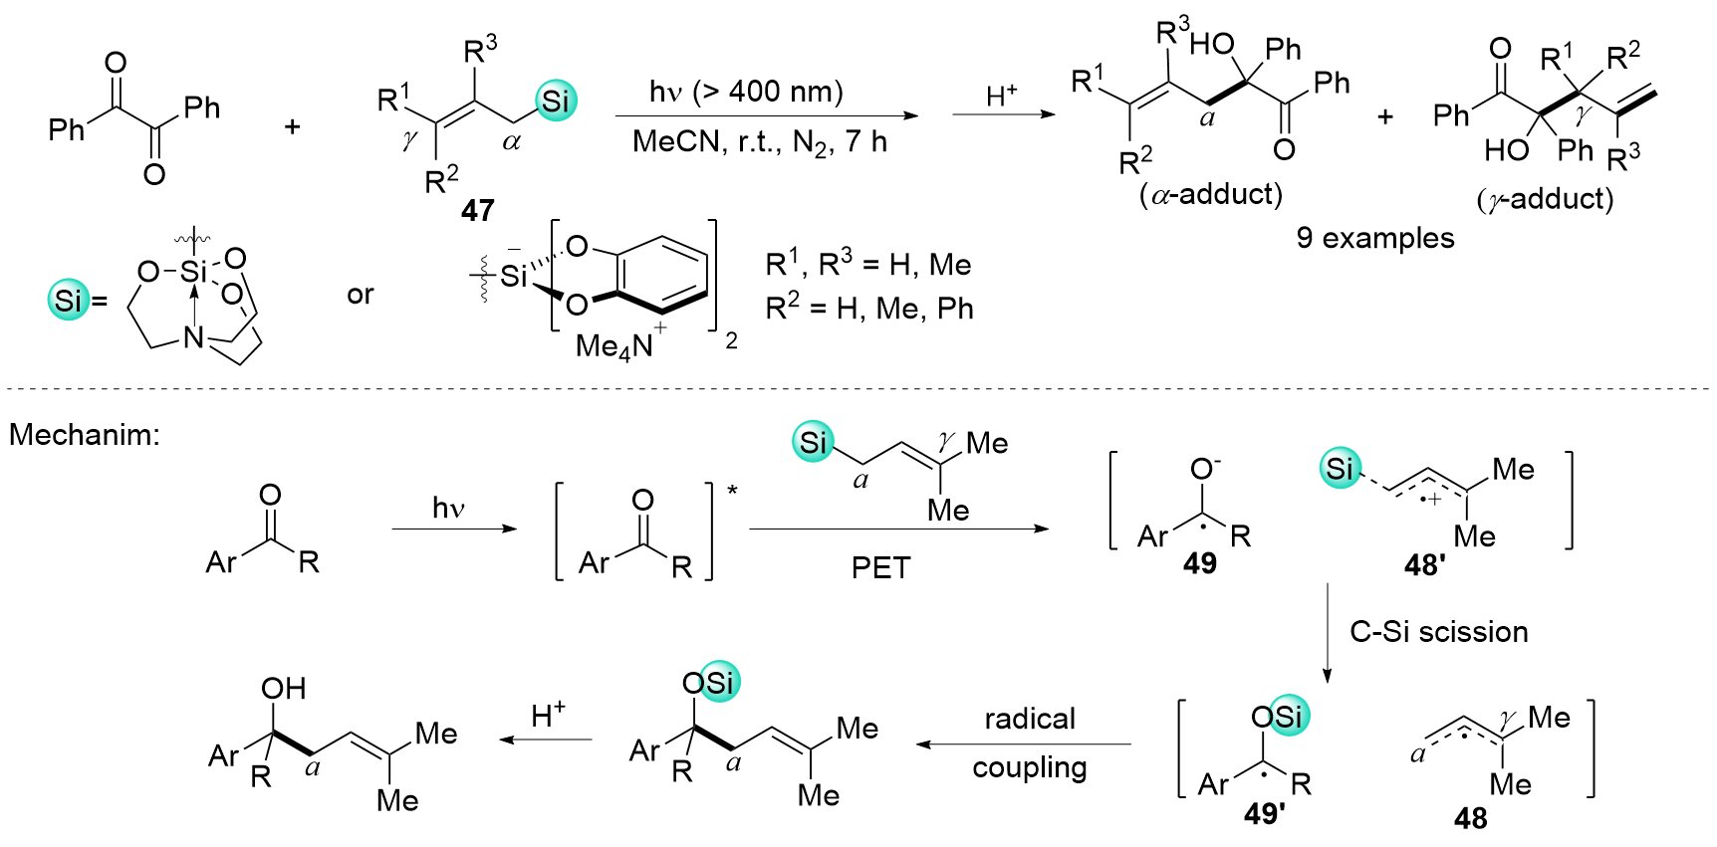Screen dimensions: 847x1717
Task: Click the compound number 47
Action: point(478,210)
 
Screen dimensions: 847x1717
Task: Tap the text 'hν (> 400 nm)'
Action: point(746,92)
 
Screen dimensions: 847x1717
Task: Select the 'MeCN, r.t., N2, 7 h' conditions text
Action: point(759,142)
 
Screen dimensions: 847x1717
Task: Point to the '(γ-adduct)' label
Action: point(1545,199)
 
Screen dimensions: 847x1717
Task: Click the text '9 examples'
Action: point(1374,238)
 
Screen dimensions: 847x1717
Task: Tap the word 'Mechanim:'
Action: point(85,435)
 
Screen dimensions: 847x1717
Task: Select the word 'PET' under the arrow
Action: point(880,567)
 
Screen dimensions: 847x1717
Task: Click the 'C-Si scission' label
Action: point(1438,632)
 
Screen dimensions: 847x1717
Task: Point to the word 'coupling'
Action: point(1029,767)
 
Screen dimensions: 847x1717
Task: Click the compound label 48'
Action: point(1425,565)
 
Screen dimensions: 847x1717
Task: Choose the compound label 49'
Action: point(1264,814)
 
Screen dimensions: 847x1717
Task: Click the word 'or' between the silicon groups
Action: point(361,295)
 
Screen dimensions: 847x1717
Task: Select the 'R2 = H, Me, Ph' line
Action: point(868,309)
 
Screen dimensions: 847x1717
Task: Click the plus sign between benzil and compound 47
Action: point(292,126)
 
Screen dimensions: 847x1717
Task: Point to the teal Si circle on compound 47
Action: point(555,101)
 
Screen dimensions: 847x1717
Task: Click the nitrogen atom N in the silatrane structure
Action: point(193,338)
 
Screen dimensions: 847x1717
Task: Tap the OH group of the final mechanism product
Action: point(283,688)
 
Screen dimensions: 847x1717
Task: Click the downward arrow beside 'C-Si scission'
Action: point(1327,632)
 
